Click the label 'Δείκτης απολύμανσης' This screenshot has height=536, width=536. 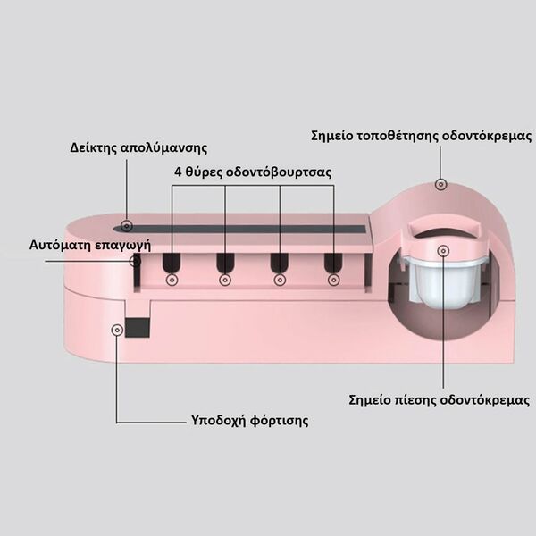pyautogui.click(x=138, y=147)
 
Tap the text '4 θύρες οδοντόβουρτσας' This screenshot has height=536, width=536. pyautogui.click(x=253, y=172)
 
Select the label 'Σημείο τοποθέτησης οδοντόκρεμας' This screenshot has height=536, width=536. pyautogui.click(x=421, y=136)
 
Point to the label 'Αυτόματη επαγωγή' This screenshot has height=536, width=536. pyautogui.click(x=90, y=245)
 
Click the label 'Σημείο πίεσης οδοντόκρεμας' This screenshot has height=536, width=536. pyautogui.click(x=440, y=399)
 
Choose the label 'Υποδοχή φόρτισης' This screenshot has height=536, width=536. pyautogui.click(x=249, y=420)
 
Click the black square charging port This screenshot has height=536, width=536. pyautogui.click(x=138, y=327)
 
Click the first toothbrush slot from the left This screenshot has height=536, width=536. pyautogui.click(x=172, y=264)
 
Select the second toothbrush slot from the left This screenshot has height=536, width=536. pyautogui.click(x=225, y=264)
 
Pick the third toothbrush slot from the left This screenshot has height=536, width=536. pyautogui.click(x=280, y=264)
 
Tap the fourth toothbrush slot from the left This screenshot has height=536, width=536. pyautogui.click(x=333, y=264)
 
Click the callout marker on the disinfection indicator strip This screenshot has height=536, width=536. pyautogui.click(x=127, y=226)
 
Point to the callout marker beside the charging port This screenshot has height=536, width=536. pyautogui.click(x=117, y=330)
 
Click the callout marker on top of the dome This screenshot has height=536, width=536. pyautogui.click(x=441, y=185)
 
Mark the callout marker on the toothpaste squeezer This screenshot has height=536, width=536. pyautogui.click(x=443, y=251)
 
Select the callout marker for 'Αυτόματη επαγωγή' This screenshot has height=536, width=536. pyautogui.click(x=136, y=261)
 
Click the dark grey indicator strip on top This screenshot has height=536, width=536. pyautogui.click(x=239, y=229)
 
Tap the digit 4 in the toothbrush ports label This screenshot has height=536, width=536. pyautogui.click(x=178, y=172)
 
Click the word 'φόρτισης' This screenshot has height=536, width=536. pyautogui.click(x=280, y=421)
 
